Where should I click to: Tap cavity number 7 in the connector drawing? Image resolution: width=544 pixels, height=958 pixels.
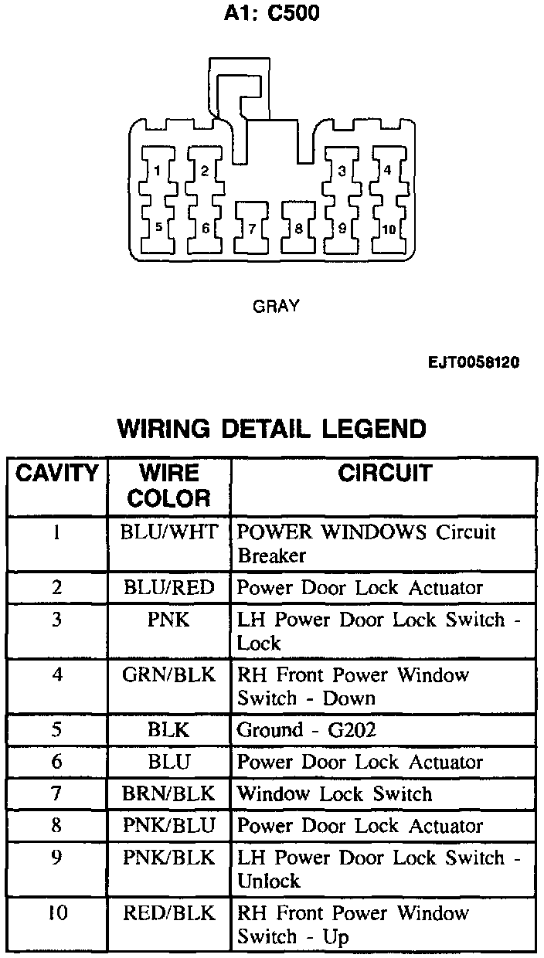point(251,229)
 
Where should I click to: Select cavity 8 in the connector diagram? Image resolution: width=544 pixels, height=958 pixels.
point(297,229)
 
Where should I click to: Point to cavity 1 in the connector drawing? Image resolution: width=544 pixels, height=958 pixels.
point(158,171)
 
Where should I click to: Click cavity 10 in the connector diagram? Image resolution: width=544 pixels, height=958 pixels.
point(388,229)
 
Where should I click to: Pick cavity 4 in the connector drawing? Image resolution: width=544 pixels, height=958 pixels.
point(387,170)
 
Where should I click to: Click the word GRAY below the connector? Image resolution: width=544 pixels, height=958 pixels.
point(276,307)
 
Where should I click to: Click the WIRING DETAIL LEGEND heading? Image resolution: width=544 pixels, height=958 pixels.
point(271,428)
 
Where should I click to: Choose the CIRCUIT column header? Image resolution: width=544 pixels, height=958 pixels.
point(384,473)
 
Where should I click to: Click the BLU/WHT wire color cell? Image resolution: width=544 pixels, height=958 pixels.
point(169,532)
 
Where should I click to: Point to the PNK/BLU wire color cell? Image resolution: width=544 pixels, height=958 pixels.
point(169,826)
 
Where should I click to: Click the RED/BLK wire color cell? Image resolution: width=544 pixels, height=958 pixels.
point(169,914)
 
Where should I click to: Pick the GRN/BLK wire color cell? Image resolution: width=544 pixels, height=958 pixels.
point(169,675)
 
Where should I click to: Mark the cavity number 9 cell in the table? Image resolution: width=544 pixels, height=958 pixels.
point(56,858)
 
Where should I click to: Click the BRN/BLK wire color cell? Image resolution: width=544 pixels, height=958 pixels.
point(169,794)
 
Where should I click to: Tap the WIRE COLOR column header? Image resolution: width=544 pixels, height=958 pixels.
point(169,485)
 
